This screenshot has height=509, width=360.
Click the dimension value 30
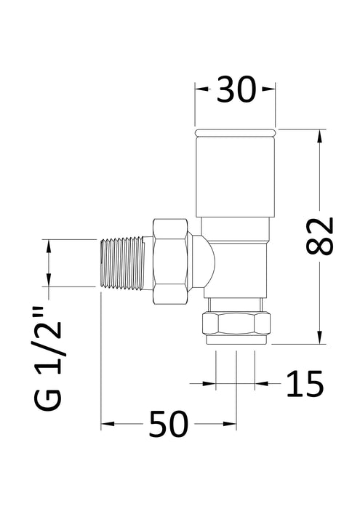[x=236, y=91]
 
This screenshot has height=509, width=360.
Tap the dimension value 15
[x=304, y=384]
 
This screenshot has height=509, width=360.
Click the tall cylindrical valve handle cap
[x=236, y=178]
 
